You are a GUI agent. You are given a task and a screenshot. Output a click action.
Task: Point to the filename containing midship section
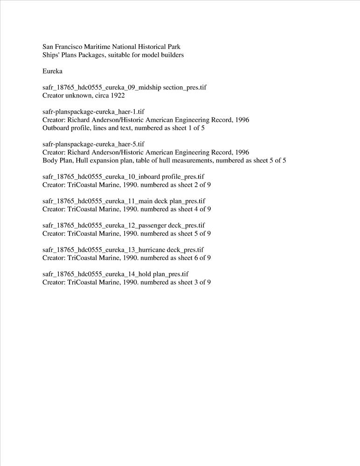tap(124, 88)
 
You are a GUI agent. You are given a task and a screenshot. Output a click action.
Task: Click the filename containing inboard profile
tap(123, 177)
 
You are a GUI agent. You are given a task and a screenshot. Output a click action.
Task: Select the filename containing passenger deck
tap(124, 225)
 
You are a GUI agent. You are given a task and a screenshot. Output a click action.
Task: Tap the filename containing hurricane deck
tap(123, 249)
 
